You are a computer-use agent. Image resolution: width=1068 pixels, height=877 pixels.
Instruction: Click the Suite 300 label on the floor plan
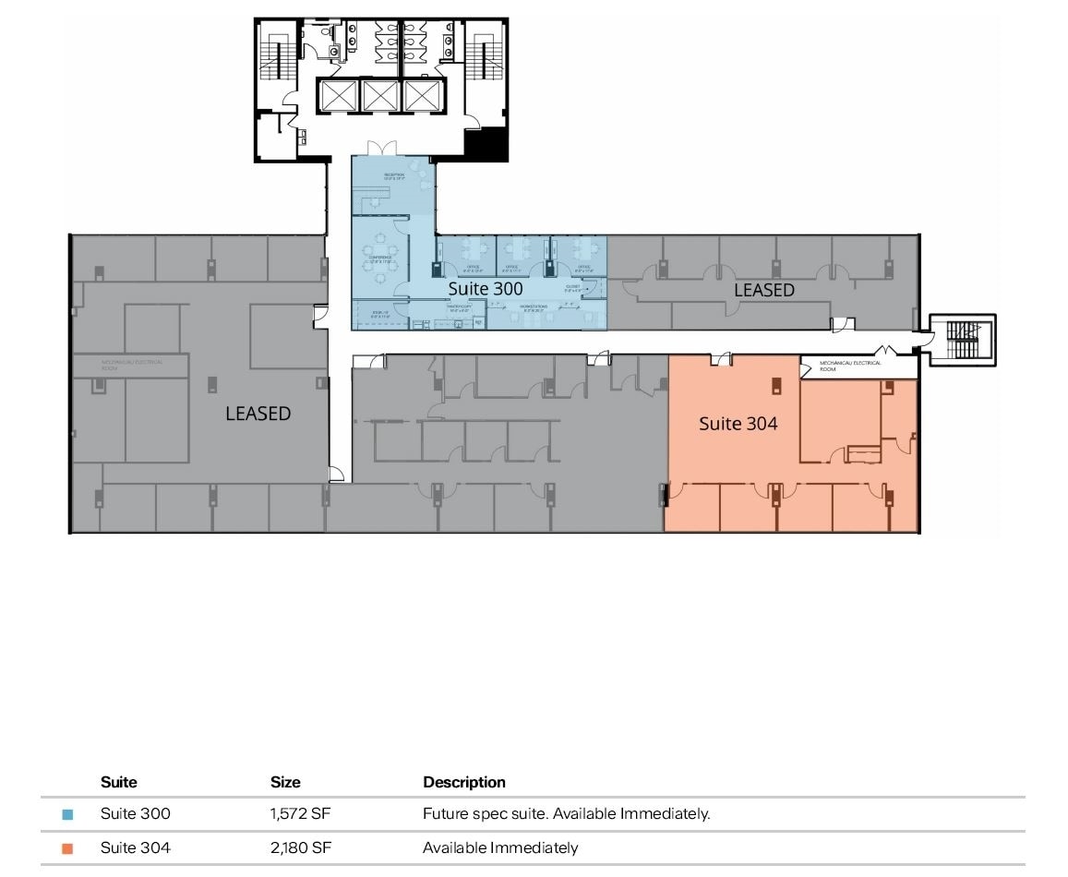coord(486,288)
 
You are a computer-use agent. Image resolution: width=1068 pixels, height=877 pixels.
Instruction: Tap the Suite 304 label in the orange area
coord(738,424)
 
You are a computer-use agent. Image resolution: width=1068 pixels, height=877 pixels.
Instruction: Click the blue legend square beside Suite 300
coord(67,815)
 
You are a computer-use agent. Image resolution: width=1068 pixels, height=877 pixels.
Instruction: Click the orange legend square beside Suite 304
coord(67,848)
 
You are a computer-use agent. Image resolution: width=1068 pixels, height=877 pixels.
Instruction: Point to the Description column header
coord(463,782)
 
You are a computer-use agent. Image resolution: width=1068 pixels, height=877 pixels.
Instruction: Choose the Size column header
coord(285,782)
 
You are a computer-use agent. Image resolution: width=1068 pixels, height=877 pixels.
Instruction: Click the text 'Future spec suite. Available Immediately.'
coord(566,814)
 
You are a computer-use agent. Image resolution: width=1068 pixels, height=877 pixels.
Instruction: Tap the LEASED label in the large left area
coord(258,414)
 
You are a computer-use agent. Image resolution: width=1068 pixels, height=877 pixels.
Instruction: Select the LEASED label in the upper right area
coord(763,290)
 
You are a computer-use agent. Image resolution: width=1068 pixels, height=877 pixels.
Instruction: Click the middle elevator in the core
coord(380,96)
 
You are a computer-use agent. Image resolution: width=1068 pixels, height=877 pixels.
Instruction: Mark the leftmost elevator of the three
coord(338,96)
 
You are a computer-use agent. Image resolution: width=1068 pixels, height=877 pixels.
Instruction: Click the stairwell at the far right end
coord(962,340)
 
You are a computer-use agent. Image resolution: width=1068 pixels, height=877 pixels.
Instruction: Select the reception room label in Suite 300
coord(394,176)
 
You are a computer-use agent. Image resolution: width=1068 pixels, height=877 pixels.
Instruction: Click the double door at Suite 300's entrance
coord(380,149)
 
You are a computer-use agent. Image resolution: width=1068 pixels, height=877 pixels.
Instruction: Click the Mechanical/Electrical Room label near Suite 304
coord(850,366)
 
